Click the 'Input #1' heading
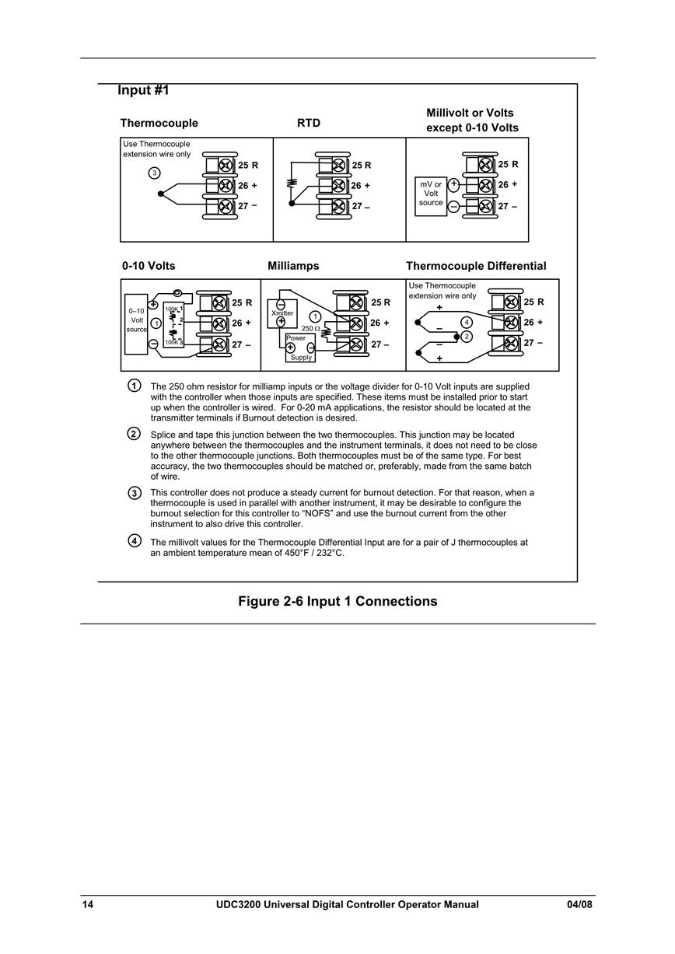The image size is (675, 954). tap(143, 90)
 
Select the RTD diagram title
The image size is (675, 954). tap(308, 123)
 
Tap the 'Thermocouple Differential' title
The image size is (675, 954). tap(476, 266)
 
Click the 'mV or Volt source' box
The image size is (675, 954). tap(431, 197)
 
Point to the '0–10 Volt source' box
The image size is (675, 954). tap(136, 324)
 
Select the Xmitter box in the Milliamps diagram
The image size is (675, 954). tap(282, 313)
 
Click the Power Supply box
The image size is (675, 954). tap(300, 348)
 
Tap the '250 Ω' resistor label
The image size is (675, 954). tap(310, 329)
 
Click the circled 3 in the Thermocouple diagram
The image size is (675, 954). tap(154, 173)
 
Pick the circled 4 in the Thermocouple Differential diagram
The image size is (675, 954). tap(467, 323)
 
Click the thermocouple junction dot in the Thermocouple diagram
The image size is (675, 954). tap(160, 194)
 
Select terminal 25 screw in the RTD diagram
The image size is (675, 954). tap(338, 165)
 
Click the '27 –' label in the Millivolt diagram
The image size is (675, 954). tap(508, 206)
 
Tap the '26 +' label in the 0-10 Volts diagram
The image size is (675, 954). tap(242, 323)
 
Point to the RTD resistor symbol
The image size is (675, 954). tap(292, 183)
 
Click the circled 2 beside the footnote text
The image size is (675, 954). tap(135, 434)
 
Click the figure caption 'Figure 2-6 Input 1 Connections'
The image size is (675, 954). tap(337, 601)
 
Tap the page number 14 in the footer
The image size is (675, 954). tap(88, 904)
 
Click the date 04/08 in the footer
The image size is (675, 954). tap(579, 904)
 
